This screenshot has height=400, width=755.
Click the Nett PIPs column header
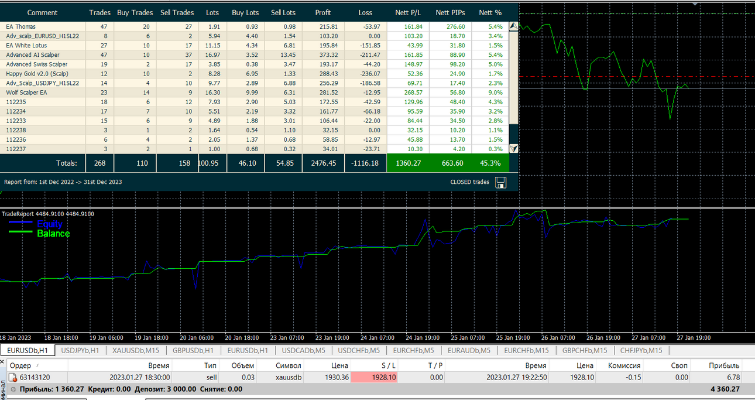coord(450,13)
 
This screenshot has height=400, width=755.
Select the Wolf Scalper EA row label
coord(26,93)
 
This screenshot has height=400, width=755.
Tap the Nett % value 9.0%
coord(496,93)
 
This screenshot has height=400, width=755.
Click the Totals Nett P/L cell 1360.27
coord(408,163)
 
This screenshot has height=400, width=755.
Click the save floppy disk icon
coord(500,183)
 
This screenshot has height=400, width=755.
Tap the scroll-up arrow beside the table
coord(513,26)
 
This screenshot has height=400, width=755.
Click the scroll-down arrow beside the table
coord(513,148)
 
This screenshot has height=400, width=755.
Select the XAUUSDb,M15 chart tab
coord(136,350)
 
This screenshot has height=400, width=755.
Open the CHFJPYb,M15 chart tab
coord(641,350)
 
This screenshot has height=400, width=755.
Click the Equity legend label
coord(50,224)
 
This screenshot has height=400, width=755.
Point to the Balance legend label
coord(53,234)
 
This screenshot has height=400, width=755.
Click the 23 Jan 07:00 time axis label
coord(287,337)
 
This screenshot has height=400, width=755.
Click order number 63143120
coord(35,377)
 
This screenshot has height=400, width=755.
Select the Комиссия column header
coord(624,365)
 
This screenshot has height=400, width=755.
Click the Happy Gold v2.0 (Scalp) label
coord(37,74)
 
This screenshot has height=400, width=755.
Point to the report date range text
coord(63,182)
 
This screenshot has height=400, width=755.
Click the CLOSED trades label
coord(469,182)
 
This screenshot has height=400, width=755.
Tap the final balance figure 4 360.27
coord(725,389)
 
